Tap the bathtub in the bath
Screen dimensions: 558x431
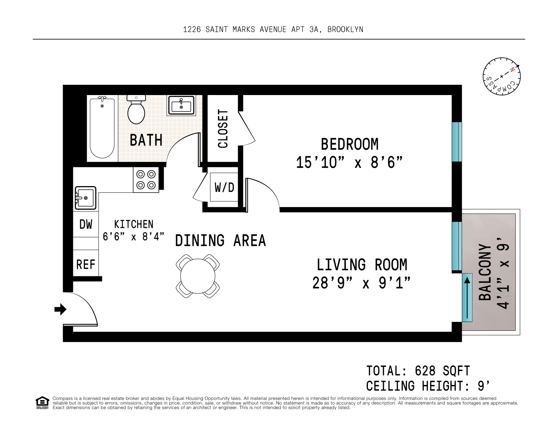102,127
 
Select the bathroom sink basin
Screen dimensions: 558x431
181,106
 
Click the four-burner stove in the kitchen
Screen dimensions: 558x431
146,180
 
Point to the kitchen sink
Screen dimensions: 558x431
86,198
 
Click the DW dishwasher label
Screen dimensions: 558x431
86,224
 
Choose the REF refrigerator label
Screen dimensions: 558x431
86,264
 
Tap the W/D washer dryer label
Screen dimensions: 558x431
225,188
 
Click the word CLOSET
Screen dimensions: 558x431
223,129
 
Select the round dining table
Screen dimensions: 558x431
198,276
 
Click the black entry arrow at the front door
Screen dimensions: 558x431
60,309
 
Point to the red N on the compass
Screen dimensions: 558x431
512,70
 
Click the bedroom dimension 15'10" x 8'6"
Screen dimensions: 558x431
349,163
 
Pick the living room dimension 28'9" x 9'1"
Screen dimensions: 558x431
361,283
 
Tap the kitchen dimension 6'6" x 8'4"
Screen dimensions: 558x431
133,237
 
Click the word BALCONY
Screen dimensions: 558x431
485,272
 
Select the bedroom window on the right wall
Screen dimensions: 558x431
457,142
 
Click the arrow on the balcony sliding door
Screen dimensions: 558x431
467,298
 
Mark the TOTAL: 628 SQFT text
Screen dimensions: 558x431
418,371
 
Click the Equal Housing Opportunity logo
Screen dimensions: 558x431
42,403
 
